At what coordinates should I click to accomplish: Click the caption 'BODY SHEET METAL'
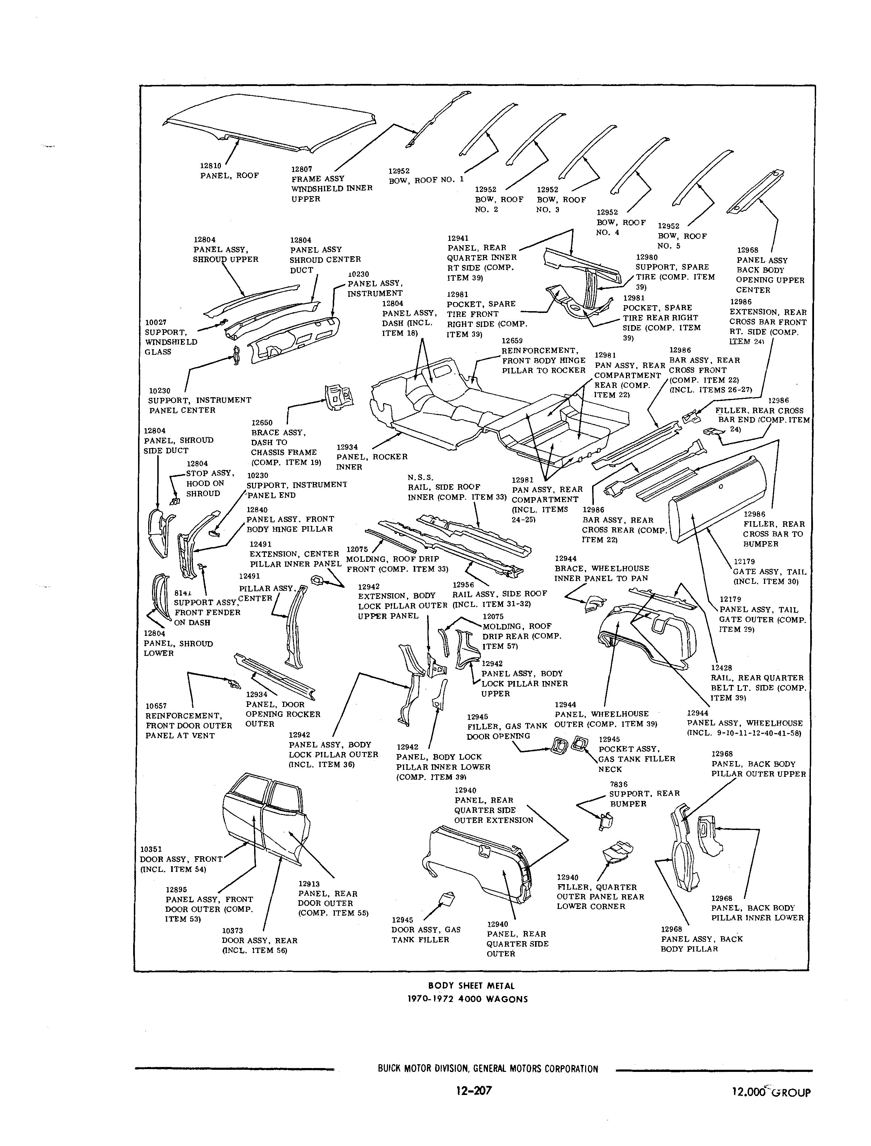pos(471,986)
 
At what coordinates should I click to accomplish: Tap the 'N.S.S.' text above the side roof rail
pos(420,477)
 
